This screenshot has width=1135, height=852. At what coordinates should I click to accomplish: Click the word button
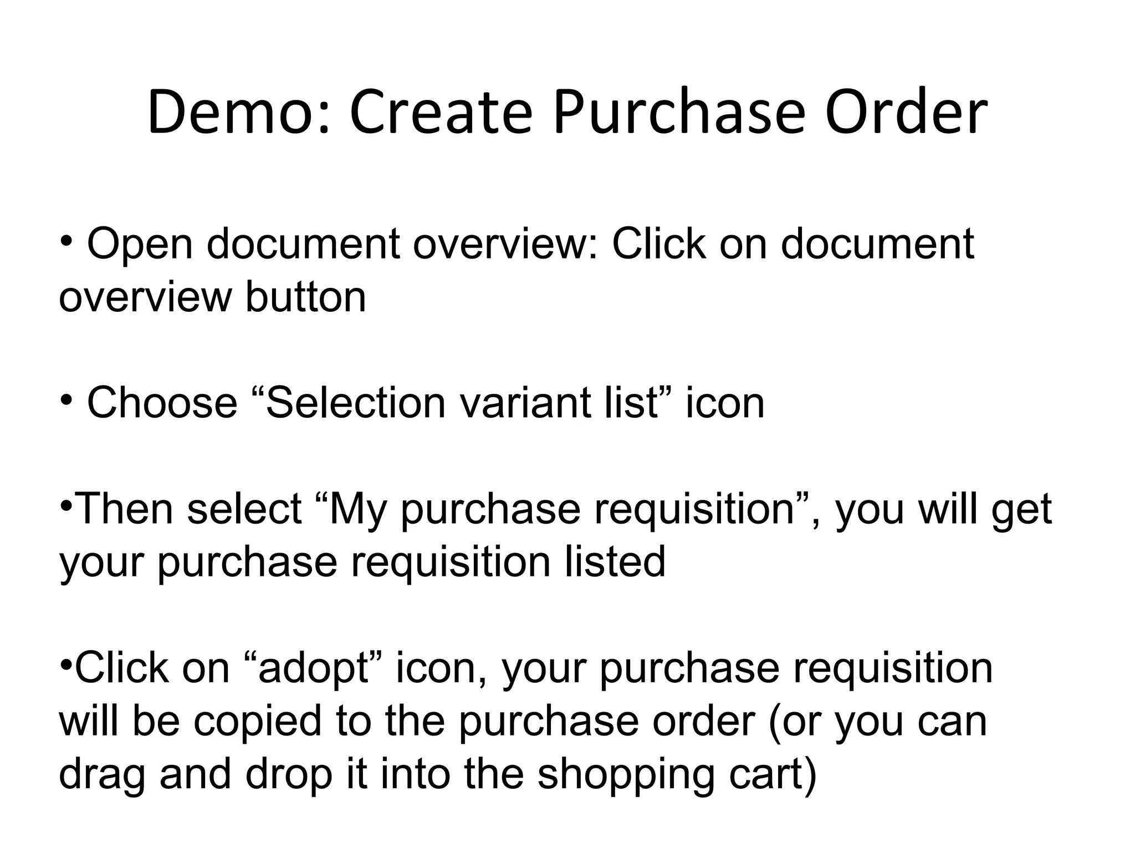point(305,297)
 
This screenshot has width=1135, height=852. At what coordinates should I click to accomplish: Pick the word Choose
point(162,403)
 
